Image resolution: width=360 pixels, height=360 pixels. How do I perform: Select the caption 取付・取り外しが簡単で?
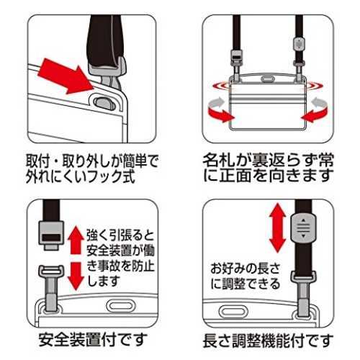(x=91, y=161)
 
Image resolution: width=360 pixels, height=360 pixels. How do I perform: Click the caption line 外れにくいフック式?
(x=81, y=176)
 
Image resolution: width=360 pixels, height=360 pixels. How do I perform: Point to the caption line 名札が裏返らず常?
(x=269, y=160)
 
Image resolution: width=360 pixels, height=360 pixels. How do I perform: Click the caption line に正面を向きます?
(x=269, y=176)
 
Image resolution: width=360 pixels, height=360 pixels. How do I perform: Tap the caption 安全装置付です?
(x=93, y=340)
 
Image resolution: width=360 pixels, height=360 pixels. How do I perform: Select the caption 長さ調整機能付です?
(x=269, y=341)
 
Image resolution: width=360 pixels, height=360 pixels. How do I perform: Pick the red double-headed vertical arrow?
(x=278, y=228)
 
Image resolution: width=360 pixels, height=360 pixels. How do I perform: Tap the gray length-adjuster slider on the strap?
(x=303, y=228)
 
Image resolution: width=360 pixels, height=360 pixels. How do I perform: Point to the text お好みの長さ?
(x=246, y=269)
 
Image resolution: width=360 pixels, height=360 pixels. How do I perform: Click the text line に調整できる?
(x=246, y=284)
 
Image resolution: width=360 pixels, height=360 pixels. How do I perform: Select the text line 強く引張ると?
(x=120, y=235)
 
